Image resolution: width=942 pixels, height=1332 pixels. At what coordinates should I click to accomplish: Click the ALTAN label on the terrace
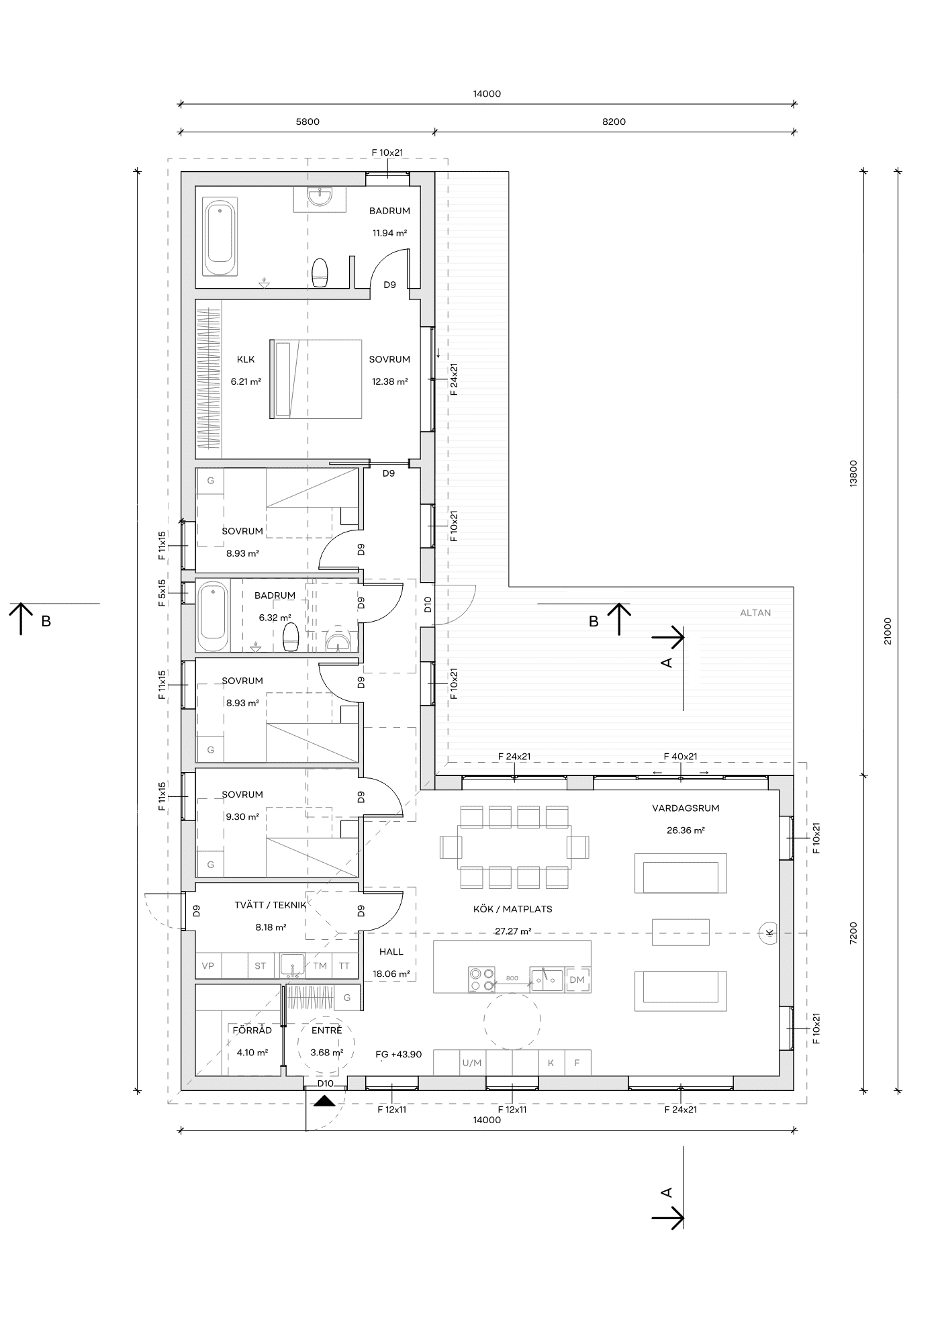pos(755,612)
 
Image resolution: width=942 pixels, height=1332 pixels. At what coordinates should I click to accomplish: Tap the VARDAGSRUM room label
pos(686,808)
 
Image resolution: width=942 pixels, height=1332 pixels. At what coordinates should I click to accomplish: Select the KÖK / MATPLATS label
pos(513,909)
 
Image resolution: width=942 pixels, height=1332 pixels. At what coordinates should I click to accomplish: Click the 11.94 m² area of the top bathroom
pos(390,234)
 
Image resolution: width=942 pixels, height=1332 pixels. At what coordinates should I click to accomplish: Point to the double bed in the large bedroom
pos(316,379)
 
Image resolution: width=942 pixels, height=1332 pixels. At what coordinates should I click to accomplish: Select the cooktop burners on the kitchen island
pos(481,979)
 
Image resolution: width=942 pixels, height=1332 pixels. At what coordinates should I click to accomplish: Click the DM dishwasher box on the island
pos(577,980)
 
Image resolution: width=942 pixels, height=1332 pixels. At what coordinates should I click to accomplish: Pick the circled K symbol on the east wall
pos(769,932)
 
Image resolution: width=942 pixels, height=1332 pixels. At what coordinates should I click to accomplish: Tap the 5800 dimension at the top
pos(308,122)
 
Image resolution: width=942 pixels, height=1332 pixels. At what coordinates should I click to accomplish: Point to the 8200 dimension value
pos(614,122)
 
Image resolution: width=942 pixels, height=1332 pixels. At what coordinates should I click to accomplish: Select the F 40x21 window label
pos(681,757)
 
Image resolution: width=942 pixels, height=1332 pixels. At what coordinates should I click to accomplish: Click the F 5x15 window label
pos(162,593)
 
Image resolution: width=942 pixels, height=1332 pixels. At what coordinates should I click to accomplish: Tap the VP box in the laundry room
pos(208,966)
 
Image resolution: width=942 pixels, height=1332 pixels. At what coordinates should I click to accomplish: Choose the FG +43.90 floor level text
pos(399,1055)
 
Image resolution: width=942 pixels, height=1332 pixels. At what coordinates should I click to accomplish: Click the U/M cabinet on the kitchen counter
pos(472,1063)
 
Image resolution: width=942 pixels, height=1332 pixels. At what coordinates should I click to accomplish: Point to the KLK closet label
pos(246,359)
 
